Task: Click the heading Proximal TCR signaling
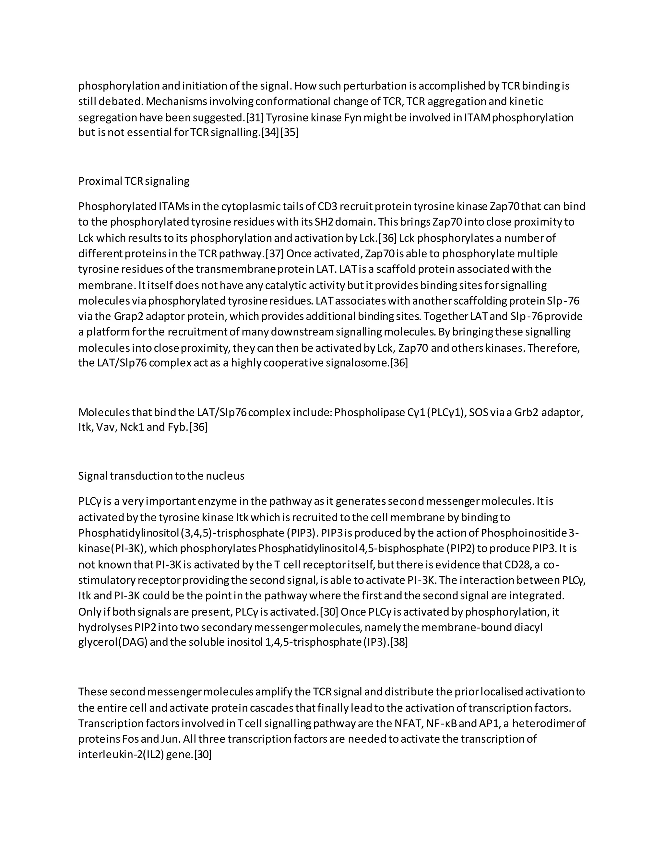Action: [134, 181]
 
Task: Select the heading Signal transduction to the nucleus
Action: [161, 476]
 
